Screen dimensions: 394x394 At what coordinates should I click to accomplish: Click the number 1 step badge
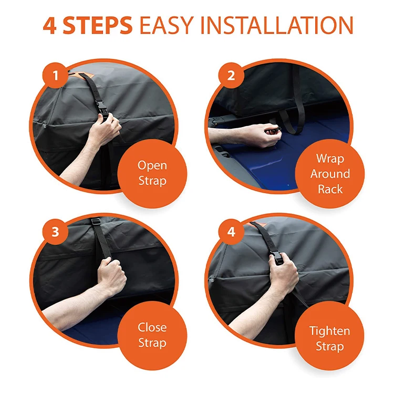tap(55, 75)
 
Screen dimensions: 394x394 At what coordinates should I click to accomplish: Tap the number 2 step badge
tap(231, 75)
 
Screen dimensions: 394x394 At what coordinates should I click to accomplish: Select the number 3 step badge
tap(55, 232)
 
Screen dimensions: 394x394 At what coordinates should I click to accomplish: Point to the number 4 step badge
tap(231, 232)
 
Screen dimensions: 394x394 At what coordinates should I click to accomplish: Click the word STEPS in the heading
tap(98, 25)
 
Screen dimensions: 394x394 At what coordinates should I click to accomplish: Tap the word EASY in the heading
tap(167, 25)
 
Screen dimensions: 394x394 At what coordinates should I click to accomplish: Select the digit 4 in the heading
tap(49, 25)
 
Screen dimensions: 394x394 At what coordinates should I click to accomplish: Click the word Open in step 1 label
tap(152, 166)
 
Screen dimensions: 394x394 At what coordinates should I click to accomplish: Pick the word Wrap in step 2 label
tap(330, 159)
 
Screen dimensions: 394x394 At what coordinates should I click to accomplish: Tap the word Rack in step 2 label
tap(330, 189)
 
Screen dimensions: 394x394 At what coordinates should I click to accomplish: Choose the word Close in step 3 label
tap(152, 327)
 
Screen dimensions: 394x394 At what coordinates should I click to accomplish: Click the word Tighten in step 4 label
tap(330, 331)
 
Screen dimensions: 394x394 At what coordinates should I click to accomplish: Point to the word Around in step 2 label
tap(330, 174)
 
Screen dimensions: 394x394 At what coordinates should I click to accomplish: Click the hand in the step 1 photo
tap(106, 128)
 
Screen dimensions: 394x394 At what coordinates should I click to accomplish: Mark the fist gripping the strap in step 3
tap(111, 275)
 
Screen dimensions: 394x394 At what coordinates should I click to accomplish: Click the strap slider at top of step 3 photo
tap(96, 222)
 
